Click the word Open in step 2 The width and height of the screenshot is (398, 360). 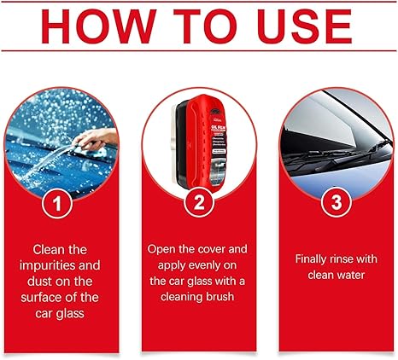point(163,250)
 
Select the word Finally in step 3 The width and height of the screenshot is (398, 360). point(312,258)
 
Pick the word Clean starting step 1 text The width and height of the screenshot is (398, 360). point(50,250)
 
